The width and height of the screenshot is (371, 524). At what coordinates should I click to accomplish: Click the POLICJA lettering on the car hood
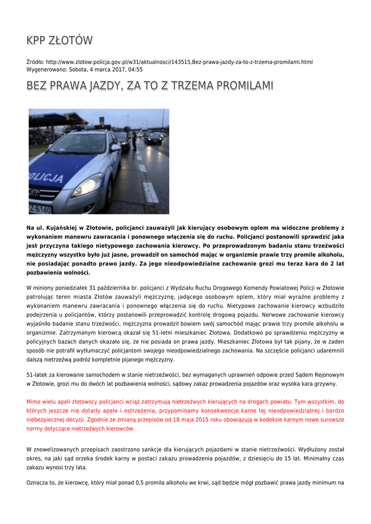46,177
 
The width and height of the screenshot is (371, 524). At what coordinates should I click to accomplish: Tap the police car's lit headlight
88,184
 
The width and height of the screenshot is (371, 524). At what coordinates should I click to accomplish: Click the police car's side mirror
116,147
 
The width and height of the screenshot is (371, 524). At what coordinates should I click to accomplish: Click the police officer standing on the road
135,140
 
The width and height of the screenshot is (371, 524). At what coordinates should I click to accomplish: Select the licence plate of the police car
39,209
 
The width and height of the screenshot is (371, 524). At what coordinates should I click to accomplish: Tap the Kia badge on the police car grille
35,192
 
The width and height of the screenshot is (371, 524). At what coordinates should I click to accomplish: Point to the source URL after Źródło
179,62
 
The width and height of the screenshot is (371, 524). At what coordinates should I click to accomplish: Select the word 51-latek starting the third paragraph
37,375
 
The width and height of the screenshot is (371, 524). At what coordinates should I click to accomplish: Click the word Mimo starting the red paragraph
33,402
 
